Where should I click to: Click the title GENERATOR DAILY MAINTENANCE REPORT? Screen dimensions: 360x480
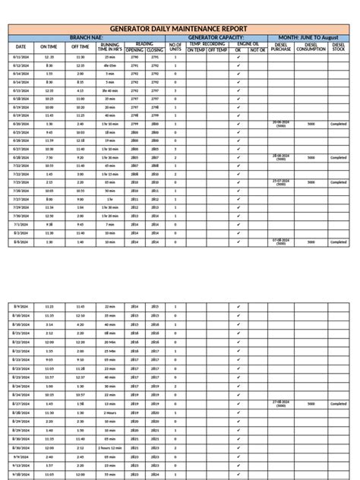pos(179,28)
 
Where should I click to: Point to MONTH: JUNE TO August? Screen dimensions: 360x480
pos(308,36)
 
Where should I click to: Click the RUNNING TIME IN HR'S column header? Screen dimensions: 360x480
pos(110,47)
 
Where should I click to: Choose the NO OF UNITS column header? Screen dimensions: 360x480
pos(175,47)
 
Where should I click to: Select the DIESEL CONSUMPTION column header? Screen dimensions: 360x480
pos(311,47)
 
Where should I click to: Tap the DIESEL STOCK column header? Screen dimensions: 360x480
pos(339,47)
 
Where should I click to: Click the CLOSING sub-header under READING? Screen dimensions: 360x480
pos(155,50)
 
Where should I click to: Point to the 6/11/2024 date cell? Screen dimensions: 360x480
pos(21,58)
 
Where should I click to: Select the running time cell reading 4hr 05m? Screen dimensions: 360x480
pos(110,66)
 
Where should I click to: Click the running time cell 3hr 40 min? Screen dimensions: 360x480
pos(110,90)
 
